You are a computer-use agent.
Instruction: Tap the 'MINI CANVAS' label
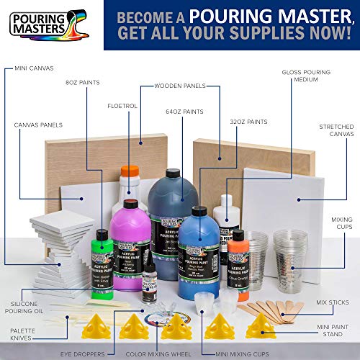33,70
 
